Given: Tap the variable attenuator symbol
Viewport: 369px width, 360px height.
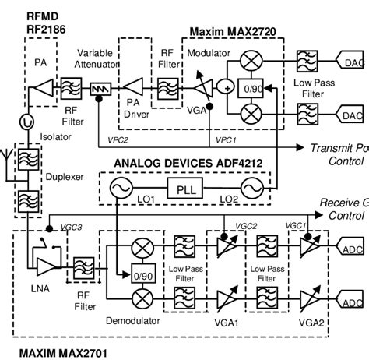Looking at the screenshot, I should pos(100,90).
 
